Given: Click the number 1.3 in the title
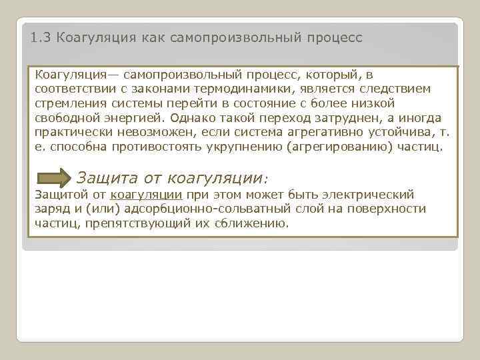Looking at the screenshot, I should [41, 38].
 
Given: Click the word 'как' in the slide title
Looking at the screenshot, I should [153, 38].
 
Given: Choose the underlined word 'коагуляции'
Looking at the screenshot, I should [147, 195].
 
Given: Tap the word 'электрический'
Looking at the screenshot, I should [367, 195].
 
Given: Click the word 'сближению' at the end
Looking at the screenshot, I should [252, 223].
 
